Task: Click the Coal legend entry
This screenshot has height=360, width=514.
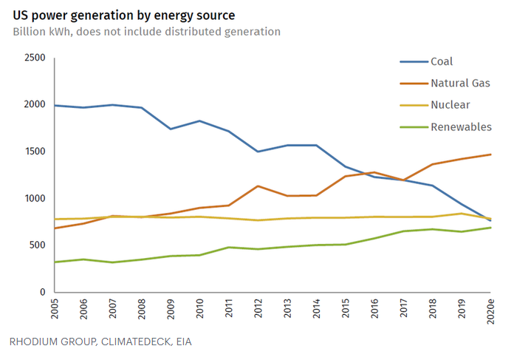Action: [x=441, y=61]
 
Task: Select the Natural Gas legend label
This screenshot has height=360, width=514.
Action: [x=460, y=84]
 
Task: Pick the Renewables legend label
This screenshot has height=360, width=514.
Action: [x=461, y=127]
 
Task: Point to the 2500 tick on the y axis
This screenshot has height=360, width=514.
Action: [x=34, y=58]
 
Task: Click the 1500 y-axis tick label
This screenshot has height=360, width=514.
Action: [x=34, y=152]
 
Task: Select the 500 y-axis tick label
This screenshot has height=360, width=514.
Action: [x=37, y=245]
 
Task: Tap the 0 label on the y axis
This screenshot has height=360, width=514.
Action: [x=42, y=293]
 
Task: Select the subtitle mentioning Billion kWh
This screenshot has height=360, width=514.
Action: [x=146, y=32]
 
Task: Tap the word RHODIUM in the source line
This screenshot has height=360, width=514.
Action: [x=35, y=342]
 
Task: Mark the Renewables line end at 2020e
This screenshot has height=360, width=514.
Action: [x=491, y=228]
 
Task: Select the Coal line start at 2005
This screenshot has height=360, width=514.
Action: [x=55, y=105]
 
